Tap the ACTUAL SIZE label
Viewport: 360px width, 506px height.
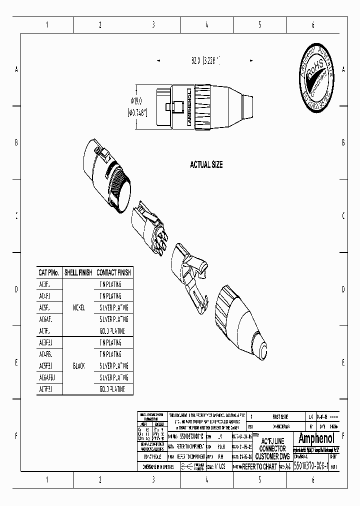tap(206, 164)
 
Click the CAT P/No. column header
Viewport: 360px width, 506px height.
tap(49, 272)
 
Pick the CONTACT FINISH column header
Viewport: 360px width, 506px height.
tap(114, 272)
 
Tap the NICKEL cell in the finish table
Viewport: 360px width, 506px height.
tap(78, 307)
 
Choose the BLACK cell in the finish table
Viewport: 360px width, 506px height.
tap(78, 366)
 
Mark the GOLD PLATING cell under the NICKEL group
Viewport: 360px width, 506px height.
tap(112, 331)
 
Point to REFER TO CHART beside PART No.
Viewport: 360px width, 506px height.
tap(259, 466)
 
